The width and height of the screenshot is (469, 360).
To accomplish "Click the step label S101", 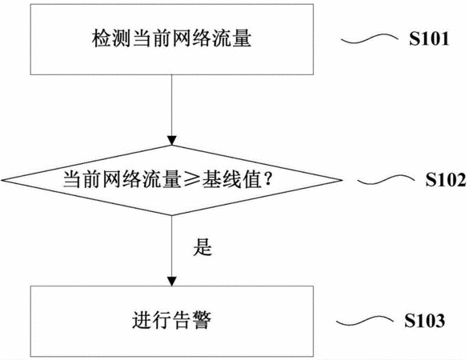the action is pyautogui.click(x=429, y=39).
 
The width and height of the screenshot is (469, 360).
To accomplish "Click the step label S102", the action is pyautogui.click(x=446, y=180).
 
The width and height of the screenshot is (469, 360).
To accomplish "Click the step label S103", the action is pyautogui.click(x=424, y=321).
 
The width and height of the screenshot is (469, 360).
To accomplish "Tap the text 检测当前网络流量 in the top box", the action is pyautogui.click(x=171, y=38).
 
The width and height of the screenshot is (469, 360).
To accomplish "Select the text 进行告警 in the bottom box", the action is pyautogui.click(x=171, y=320).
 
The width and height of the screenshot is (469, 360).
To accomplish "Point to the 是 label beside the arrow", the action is pyautogui.click(x=202, y=247).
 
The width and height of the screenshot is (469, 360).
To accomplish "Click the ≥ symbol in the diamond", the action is pyautogui.click(x=191, y=180).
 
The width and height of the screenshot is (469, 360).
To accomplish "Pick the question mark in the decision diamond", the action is pyautogui.click(x=268, y=179).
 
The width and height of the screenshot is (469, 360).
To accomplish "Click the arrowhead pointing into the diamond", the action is pyautogui.click(x=172, y=141).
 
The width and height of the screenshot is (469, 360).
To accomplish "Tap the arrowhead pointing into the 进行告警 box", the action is pyautogui.click(x=172, y=282).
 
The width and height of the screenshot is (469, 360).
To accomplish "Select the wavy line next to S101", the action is pyautogui.click(x=370, y=38).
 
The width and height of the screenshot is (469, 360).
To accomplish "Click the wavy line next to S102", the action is pyautogui.click(x=386, y=180).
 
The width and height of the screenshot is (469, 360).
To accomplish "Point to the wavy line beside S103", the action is pyautogui.click(x=365, y=321).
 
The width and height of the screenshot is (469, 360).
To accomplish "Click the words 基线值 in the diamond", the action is pyautogui.click(x=231, y=180).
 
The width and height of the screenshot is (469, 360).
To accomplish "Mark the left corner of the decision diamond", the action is pyautogui.click(x=1, y=180).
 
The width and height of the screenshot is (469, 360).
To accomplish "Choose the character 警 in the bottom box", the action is pyautogui.click(x=202, y=320).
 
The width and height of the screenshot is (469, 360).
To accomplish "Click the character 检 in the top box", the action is pyautogui.click(x=102, y=38).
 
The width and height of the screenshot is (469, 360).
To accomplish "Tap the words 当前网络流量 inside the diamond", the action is pyautogui.click(x=122, y=180).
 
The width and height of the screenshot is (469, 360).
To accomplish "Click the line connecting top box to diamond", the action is pyautogui.click(x=172, y=106).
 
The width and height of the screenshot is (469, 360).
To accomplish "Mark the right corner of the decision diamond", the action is pyautogui.click(x=343, y=180).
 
